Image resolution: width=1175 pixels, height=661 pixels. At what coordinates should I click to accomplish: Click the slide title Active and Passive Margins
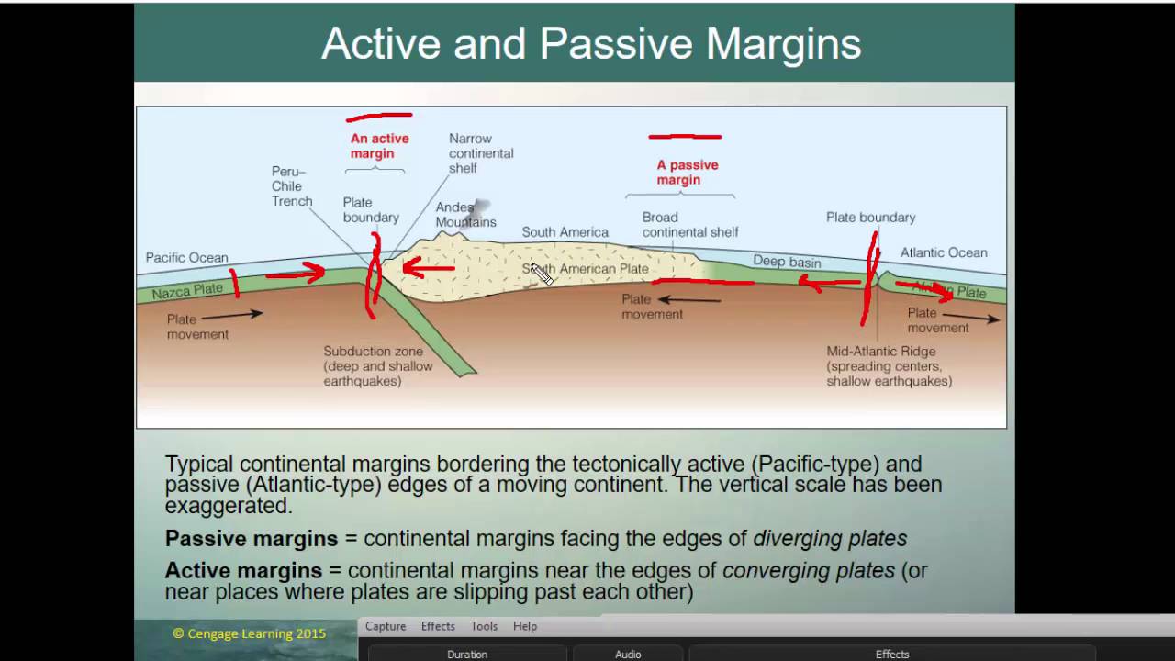pos(591,43)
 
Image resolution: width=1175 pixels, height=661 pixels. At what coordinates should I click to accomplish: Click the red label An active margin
pos(379,146)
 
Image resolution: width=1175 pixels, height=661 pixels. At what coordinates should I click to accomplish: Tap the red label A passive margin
pos(687,173)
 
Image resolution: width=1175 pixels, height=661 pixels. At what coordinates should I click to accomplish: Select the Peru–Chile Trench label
pos(292,186)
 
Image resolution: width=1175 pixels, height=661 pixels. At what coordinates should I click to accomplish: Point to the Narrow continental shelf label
pos(480,153)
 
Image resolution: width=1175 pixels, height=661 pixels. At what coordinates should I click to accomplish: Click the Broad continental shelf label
pos(688,225)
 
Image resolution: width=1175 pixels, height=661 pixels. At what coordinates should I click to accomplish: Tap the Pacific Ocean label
pos(186,258)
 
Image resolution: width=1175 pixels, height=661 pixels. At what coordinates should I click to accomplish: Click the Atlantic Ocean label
pos(943,252)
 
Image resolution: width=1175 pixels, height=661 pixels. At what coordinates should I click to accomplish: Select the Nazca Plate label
pos(187,291)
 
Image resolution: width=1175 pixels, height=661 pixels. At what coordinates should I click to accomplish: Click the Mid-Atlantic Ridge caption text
pos(888,365)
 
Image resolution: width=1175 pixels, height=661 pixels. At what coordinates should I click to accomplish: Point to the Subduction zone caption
pos(377,365)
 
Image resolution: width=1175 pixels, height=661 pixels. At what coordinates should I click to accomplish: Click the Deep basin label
pos(787,261)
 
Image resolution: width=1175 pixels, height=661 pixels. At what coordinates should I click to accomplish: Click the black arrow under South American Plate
pos(688,299)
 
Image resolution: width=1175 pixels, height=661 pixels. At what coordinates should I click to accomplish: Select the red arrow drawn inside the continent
pos(428,268)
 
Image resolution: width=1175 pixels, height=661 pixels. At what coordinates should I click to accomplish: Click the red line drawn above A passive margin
pos(685,137)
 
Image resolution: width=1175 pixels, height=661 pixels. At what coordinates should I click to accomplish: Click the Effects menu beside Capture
pos(438,626)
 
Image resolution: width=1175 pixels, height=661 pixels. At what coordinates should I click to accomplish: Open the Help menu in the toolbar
pos(525,626)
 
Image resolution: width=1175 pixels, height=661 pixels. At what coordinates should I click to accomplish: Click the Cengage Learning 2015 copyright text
pos(249,633)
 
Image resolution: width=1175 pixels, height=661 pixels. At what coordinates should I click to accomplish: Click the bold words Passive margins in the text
pos(251,539)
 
